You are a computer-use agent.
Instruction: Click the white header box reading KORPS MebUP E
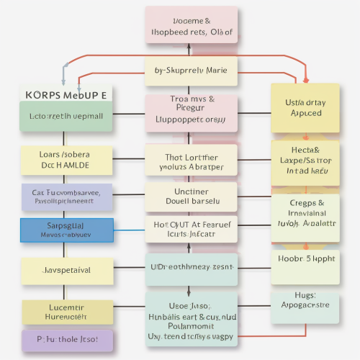(x=66, y=94)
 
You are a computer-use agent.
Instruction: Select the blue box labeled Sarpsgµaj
(x=66, y=230)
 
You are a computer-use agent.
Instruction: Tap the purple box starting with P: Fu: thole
(x=66, y=340)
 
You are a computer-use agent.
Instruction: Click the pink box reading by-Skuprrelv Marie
(x=191, y=71)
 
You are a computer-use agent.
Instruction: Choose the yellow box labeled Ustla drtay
(x=305, y=108)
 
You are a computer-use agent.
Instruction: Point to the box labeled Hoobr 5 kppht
(x=305, y=257)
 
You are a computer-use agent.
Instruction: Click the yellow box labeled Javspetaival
(x=66, y=271)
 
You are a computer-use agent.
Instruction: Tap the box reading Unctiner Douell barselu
(x=191, y=197)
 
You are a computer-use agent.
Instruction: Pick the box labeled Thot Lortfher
(x=191, y=161)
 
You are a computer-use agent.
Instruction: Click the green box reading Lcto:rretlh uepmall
(x=66, y=115)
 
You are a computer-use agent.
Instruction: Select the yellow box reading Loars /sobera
(x=66, y=160)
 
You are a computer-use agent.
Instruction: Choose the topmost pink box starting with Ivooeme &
(x=191, y=25)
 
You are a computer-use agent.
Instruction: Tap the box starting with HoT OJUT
(x=191, y=229)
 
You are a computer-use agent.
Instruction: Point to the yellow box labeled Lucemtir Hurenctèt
(x=66, y=311)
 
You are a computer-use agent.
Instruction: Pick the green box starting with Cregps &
(x=305, y=213)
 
